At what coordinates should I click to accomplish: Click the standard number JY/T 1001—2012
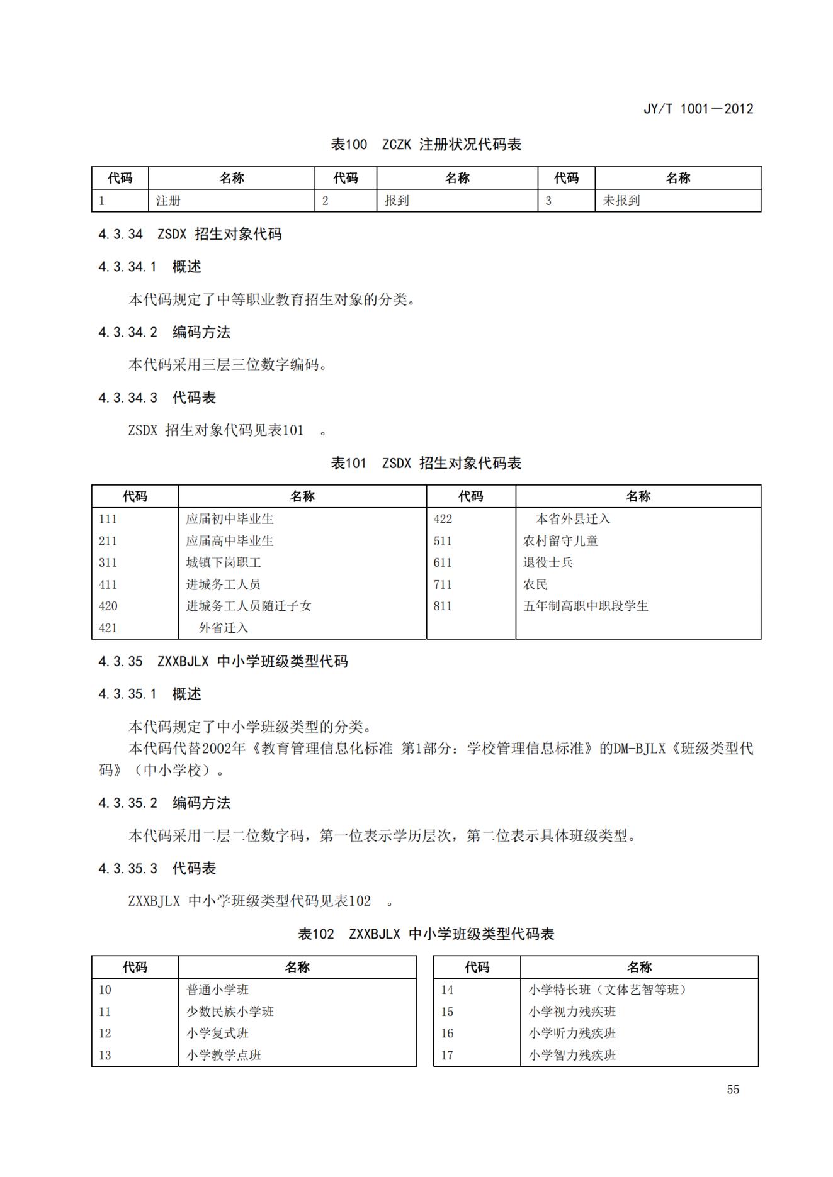[x=698, y=109]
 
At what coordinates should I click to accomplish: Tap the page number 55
[x=733, y=1090]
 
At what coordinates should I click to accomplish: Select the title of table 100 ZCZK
[x=426, y=145]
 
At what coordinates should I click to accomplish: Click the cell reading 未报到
[x=621, y=201]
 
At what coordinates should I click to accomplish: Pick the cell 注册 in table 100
[x=168, y=201]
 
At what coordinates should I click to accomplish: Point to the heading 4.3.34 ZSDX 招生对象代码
[x=190, y=235]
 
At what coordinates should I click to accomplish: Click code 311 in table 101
[x=108, y=562]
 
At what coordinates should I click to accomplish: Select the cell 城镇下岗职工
[x=223, y=562]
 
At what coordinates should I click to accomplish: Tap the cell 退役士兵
[x=548, y=562]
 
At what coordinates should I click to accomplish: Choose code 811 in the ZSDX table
[x=443, y=606]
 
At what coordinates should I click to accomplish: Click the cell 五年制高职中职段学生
[x=586, y=606]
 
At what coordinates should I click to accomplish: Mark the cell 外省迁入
[x=224, y=628]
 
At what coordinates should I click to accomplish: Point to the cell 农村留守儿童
[x=560, y=541]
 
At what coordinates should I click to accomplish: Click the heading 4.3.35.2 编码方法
[x=164, y=803]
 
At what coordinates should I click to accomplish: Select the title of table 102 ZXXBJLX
[x=426, y=934]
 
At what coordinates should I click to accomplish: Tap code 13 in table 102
[x=105, y=1055]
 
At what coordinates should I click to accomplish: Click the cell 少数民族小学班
[x=230, y=1012]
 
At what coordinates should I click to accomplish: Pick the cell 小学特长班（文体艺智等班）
[x=608, y=990]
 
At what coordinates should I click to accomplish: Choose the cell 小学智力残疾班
[x=572, y=1055]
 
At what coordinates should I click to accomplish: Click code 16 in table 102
[x=447, y=1033]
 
